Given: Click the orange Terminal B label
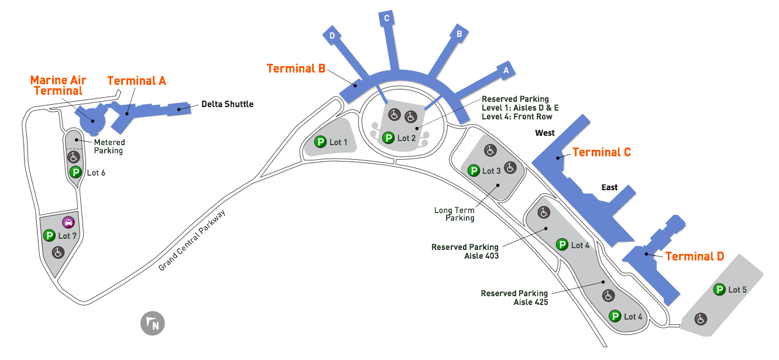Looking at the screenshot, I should [x=296, y=68].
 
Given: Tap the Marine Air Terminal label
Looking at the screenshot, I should [x=58, y=85].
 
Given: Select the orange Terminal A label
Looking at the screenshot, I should [x=136, y=81].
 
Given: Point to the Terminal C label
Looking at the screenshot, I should [x=601, y=152].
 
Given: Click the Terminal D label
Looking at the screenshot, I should [x=694, y=256].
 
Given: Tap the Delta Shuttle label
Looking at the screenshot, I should [x=227, y=104].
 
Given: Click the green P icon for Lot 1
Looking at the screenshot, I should [x=320, y=142].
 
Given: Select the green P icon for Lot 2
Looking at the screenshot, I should [x=387, y=138].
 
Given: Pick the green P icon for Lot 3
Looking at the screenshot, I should [x=473, y=171].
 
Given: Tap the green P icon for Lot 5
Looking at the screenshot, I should [x=719, y=289].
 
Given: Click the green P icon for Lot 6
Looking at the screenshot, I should [x=75, y=172].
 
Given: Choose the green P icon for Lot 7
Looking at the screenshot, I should [x=49, y=235].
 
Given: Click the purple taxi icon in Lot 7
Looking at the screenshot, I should [x=68, y=222].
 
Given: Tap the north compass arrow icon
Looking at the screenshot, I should [x=152, y=324].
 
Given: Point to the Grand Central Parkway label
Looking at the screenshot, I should [x=192, y=240].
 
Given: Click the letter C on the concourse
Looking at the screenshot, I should [x=387, y=18].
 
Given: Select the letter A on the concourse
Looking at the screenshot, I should [x=506, y=70].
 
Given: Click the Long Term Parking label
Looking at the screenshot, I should [x=454, y=214].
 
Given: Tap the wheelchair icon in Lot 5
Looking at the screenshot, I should [x=700, y=319].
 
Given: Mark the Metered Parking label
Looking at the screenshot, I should [x=109, y=146].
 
